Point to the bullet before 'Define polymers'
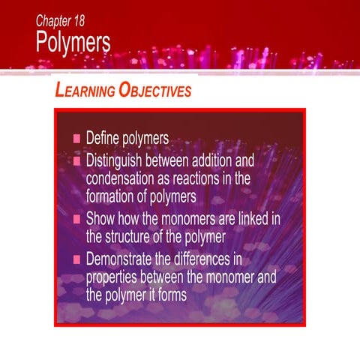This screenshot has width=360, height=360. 76,139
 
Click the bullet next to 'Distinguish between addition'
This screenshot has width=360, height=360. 76,160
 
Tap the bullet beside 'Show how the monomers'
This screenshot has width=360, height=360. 76,220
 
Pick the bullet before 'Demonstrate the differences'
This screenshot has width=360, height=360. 76,260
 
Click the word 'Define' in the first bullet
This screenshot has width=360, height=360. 103,139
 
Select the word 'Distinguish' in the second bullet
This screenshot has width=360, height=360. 119,160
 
